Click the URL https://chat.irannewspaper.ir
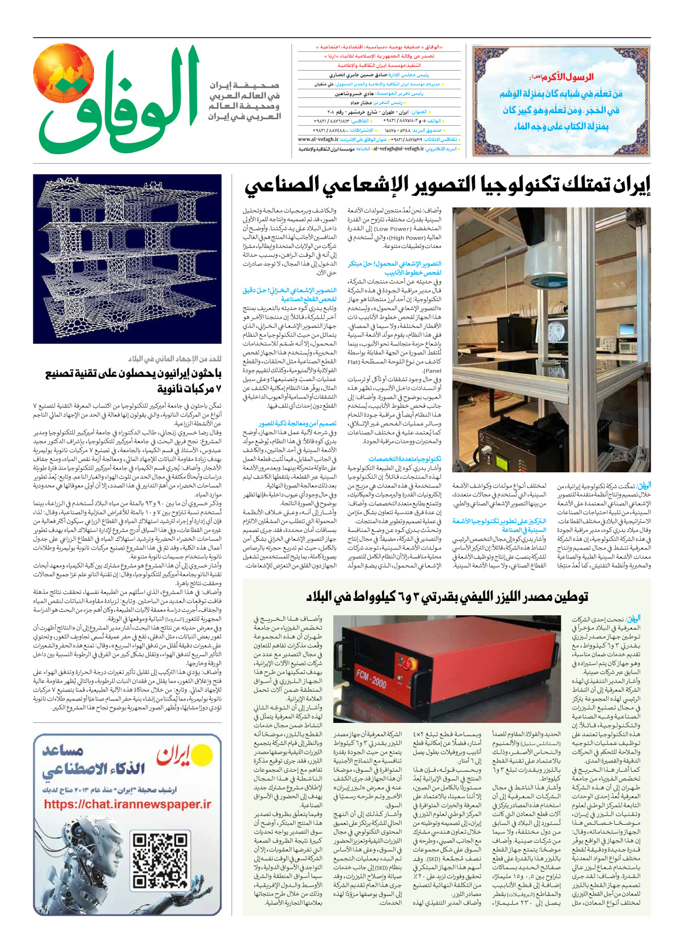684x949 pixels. pos(127,805)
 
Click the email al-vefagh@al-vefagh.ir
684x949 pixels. pos(399,148)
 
